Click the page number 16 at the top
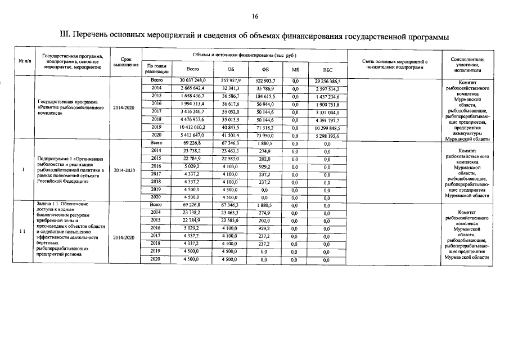coord(254,16)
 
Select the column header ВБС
coord(321,69)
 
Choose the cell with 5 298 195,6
coord(321,135)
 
